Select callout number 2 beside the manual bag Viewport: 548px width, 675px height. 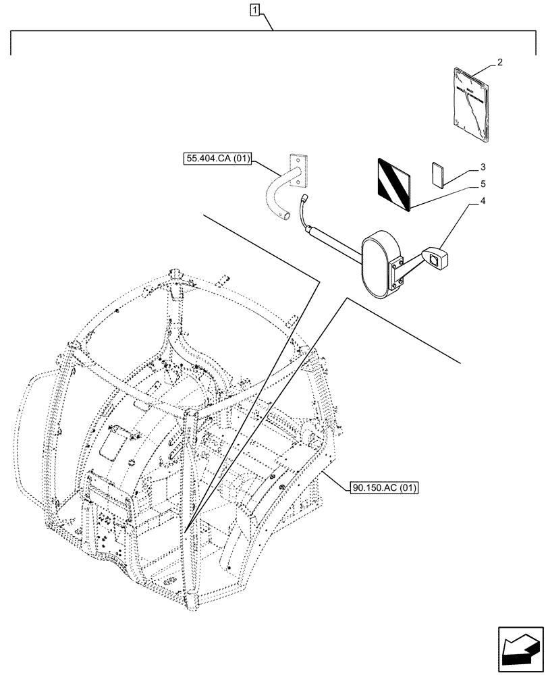pyautogui.click(x=499, y=62)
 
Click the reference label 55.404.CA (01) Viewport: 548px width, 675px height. pyautogui.click(x=217, y=159)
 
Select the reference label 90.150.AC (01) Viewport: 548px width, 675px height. pyautogui.click(x=384, y=487)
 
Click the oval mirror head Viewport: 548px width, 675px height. pyautogui.click(x=381, y=265)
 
